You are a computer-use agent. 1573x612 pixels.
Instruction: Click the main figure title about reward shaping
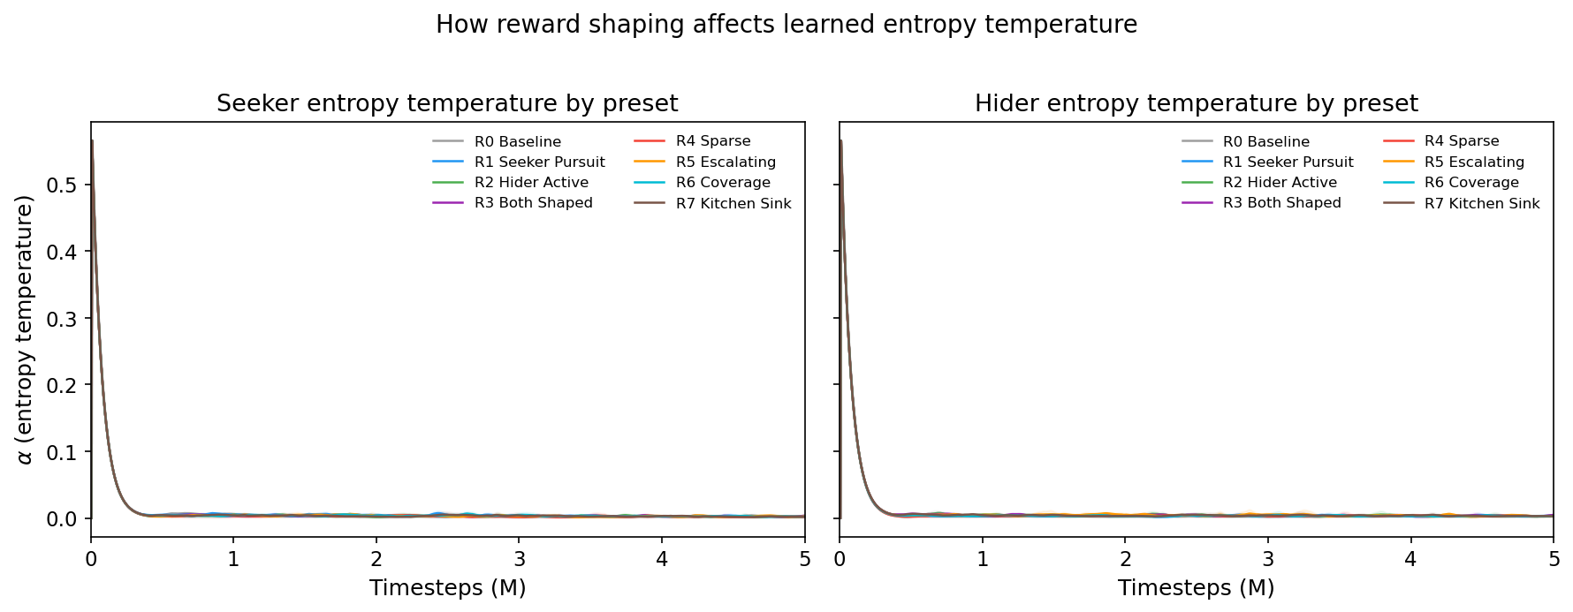[786, 25]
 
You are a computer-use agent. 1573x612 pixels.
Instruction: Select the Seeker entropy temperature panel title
[447, 104]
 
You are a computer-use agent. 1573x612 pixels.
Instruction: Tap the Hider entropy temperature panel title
[1196, 104]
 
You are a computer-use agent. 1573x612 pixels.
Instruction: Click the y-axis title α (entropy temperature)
[25, 329]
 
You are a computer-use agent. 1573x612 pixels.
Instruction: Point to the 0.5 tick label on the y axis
[63, 185]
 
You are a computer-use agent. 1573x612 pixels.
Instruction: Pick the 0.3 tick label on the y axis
[63, 319]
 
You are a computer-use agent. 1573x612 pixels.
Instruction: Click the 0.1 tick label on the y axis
[63, 452]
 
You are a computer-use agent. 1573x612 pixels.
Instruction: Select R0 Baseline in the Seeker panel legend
[517, 142]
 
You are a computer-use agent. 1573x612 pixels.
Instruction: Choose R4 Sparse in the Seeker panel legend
[713, 141]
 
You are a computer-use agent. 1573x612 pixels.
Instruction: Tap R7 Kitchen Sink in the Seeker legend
[733, 204]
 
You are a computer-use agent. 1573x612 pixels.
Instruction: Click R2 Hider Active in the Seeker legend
[531, 183]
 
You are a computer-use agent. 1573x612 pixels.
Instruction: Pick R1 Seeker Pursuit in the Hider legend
[1288, 162]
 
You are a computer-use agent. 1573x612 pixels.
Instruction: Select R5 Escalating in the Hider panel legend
[1474, 162]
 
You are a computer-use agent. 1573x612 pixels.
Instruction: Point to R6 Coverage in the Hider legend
[1471, 183]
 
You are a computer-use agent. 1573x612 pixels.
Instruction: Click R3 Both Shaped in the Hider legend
[1281, 203]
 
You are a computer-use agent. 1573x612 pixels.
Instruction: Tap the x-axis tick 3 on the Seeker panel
[519, 559]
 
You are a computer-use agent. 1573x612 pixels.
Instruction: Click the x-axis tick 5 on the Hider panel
[1553, 559]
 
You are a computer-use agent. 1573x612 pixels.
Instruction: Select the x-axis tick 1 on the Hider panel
[982, 559]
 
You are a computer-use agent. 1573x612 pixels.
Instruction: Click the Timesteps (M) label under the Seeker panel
[447, 588]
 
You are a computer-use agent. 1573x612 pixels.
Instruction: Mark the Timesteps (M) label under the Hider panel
[1196, 588]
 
